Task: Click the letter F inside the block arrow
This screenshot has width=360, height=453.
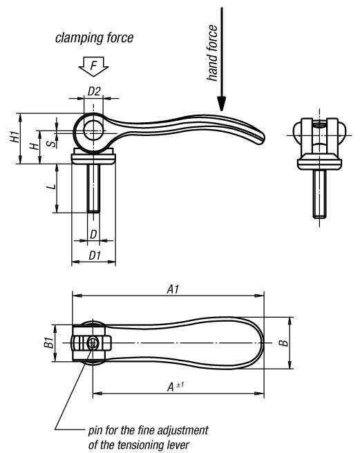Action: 93,66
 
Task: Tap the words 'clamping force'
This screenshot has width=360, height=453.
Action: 94,38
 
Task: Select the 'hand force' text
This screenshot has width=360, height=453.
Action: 212,53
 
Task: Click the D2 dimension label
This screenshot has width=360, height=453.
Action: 94,91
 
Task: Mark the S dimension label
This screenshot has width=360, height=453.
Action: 51,144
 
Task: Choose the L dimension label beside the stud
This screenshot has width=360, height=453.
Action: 51,186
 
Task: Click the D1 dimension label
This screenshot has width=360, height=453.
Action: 94,256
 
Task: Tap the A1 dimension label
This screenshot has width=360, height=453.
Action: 173,289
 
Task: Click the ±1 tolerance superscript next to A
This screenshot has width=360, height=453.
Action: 180,385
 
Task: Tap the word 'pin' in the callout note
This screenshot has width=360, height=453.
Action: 95,431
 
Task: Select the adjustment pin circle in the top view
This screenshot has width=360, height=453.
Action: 93,343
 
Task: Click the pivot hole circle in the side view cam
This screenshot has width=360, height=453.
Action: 93,129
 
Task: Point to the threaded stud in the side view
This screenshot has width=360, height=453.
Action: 93,188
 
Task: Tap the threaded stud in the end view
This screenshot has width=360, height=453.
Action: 319,193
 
